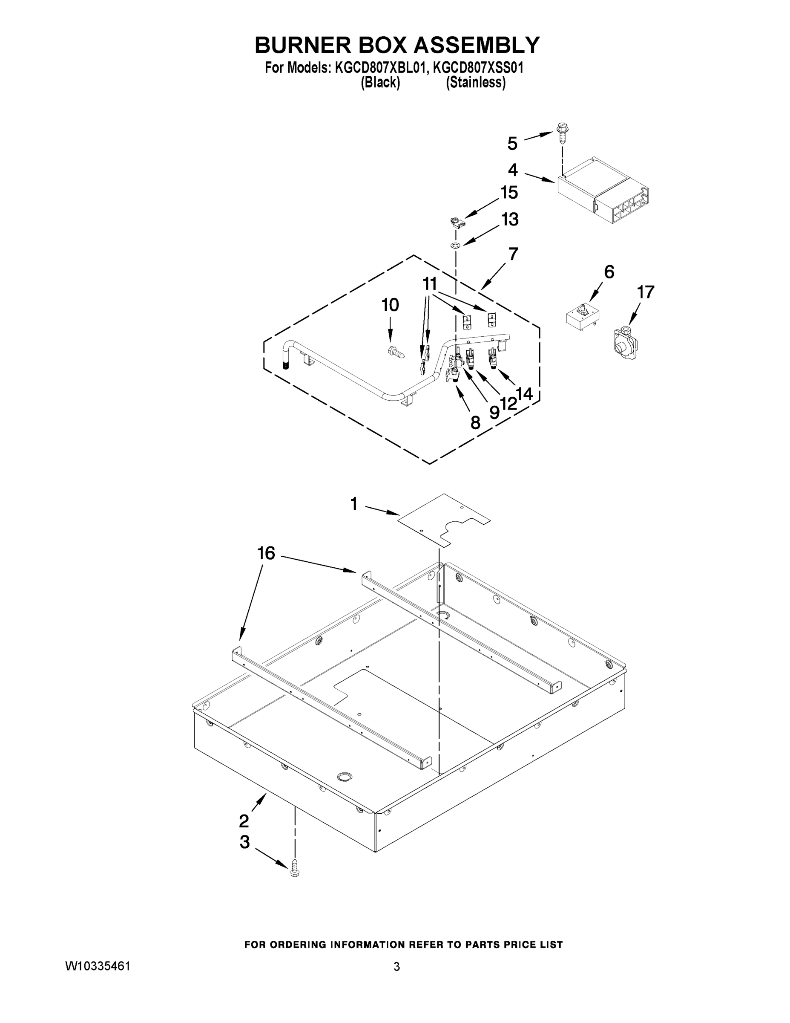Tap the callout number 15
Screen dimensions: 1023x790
509,193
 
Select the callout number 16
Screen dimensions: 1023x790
266,554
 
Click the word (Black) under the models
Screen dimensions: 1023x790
380,83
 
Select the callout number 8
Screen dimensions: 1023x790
475,423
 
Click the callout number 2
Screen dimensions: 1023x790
244,821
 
